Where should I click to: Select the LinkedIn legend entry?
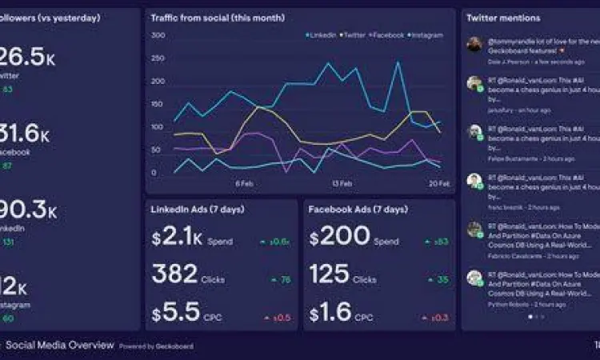pos(322,35)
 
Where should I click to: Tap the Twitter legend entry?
pos(353,35)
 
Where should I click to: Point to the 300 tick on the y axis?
pos(158,35)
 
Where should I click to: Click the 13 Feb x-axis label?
pos(342,183)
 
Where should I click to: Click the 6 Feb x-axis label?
pos(244,183)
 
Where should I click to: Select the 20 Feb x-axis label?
pos(439,183)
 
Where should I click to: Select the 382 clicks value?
pos(175,275)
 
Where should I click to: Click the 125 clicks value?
pos(330,275)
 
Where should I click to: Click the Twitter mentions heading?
pos(503,18)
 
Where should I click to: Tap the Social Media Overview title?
pos(59,346)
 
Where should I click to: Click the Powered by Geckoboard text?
pos(156,346)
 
